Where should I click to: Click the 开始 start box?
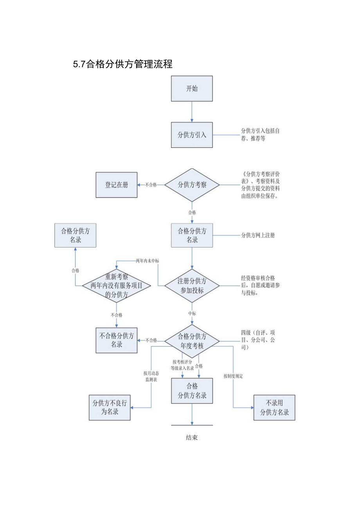[192, 88]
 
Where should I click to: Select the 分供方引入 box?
[192, 135]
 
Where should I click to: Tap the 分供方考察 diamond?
[192, 185]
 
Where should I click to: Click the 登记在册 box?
[117, 185]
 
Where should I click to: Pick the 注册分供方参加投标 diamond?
[192, 286]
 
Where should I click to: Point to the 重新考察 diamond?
[116, 286]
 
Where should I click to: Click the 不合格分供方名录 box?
[117, 340]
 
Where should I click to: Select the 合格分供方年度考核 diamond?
[192, 340]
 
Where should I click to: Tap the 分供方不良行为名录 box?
[110, 407]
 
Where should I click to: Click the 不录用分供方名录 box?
[274, 407]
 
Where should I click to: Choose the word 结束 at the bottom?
[192, 437]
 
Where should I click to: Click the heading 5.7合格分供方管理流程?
[122, 64]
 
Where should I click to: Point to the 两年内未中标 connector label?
[147, 261]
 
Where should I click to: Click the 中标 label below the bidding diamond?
[192, 313]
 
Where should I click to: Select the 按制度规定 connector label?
[233, 376]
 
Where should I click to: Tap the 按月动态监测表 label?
[151, 376]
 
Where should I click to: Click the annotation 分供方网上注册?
[257, 236]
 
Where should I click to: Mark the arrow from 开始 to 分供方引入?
[192, 112]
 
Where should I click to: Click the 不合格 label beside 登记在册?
[151, 185]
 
